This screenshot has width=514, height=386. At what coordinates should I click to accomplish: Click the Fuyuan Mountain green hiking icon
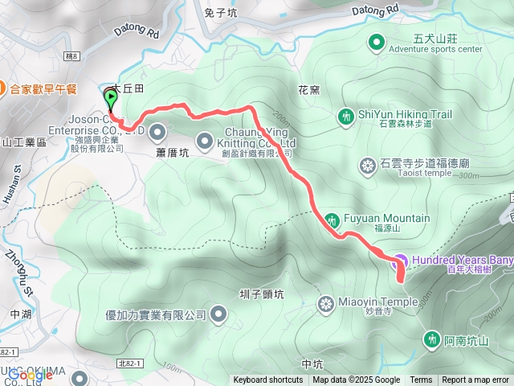tap(332, 219)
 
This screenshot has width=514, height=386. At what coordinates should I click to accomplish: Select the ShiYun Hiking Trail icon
tap(346, 117)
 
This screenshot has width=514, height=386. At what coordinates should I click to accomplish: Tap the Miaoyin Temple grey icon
tap(326, 303)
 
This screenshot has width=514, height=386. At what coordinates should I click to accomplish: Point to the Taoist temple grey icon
tap(368, 166)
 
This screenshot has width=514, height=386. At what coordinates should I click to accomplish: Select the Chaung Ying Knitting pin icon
tap(204, 138)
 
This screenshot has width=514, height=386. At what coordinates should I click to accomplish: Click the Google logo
tap(31, 375)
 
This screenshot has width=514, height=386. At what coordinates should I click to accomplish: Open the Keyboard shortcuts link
tap(268, 380)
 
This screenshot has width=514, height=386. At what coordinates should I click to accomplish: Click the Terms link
tap(421, 380)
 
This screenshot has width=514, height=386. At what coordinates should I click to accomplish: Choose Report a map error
tap(476, 380)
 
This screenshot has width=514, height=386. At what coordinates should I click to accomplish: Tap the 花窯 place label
tap(309, 91)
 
